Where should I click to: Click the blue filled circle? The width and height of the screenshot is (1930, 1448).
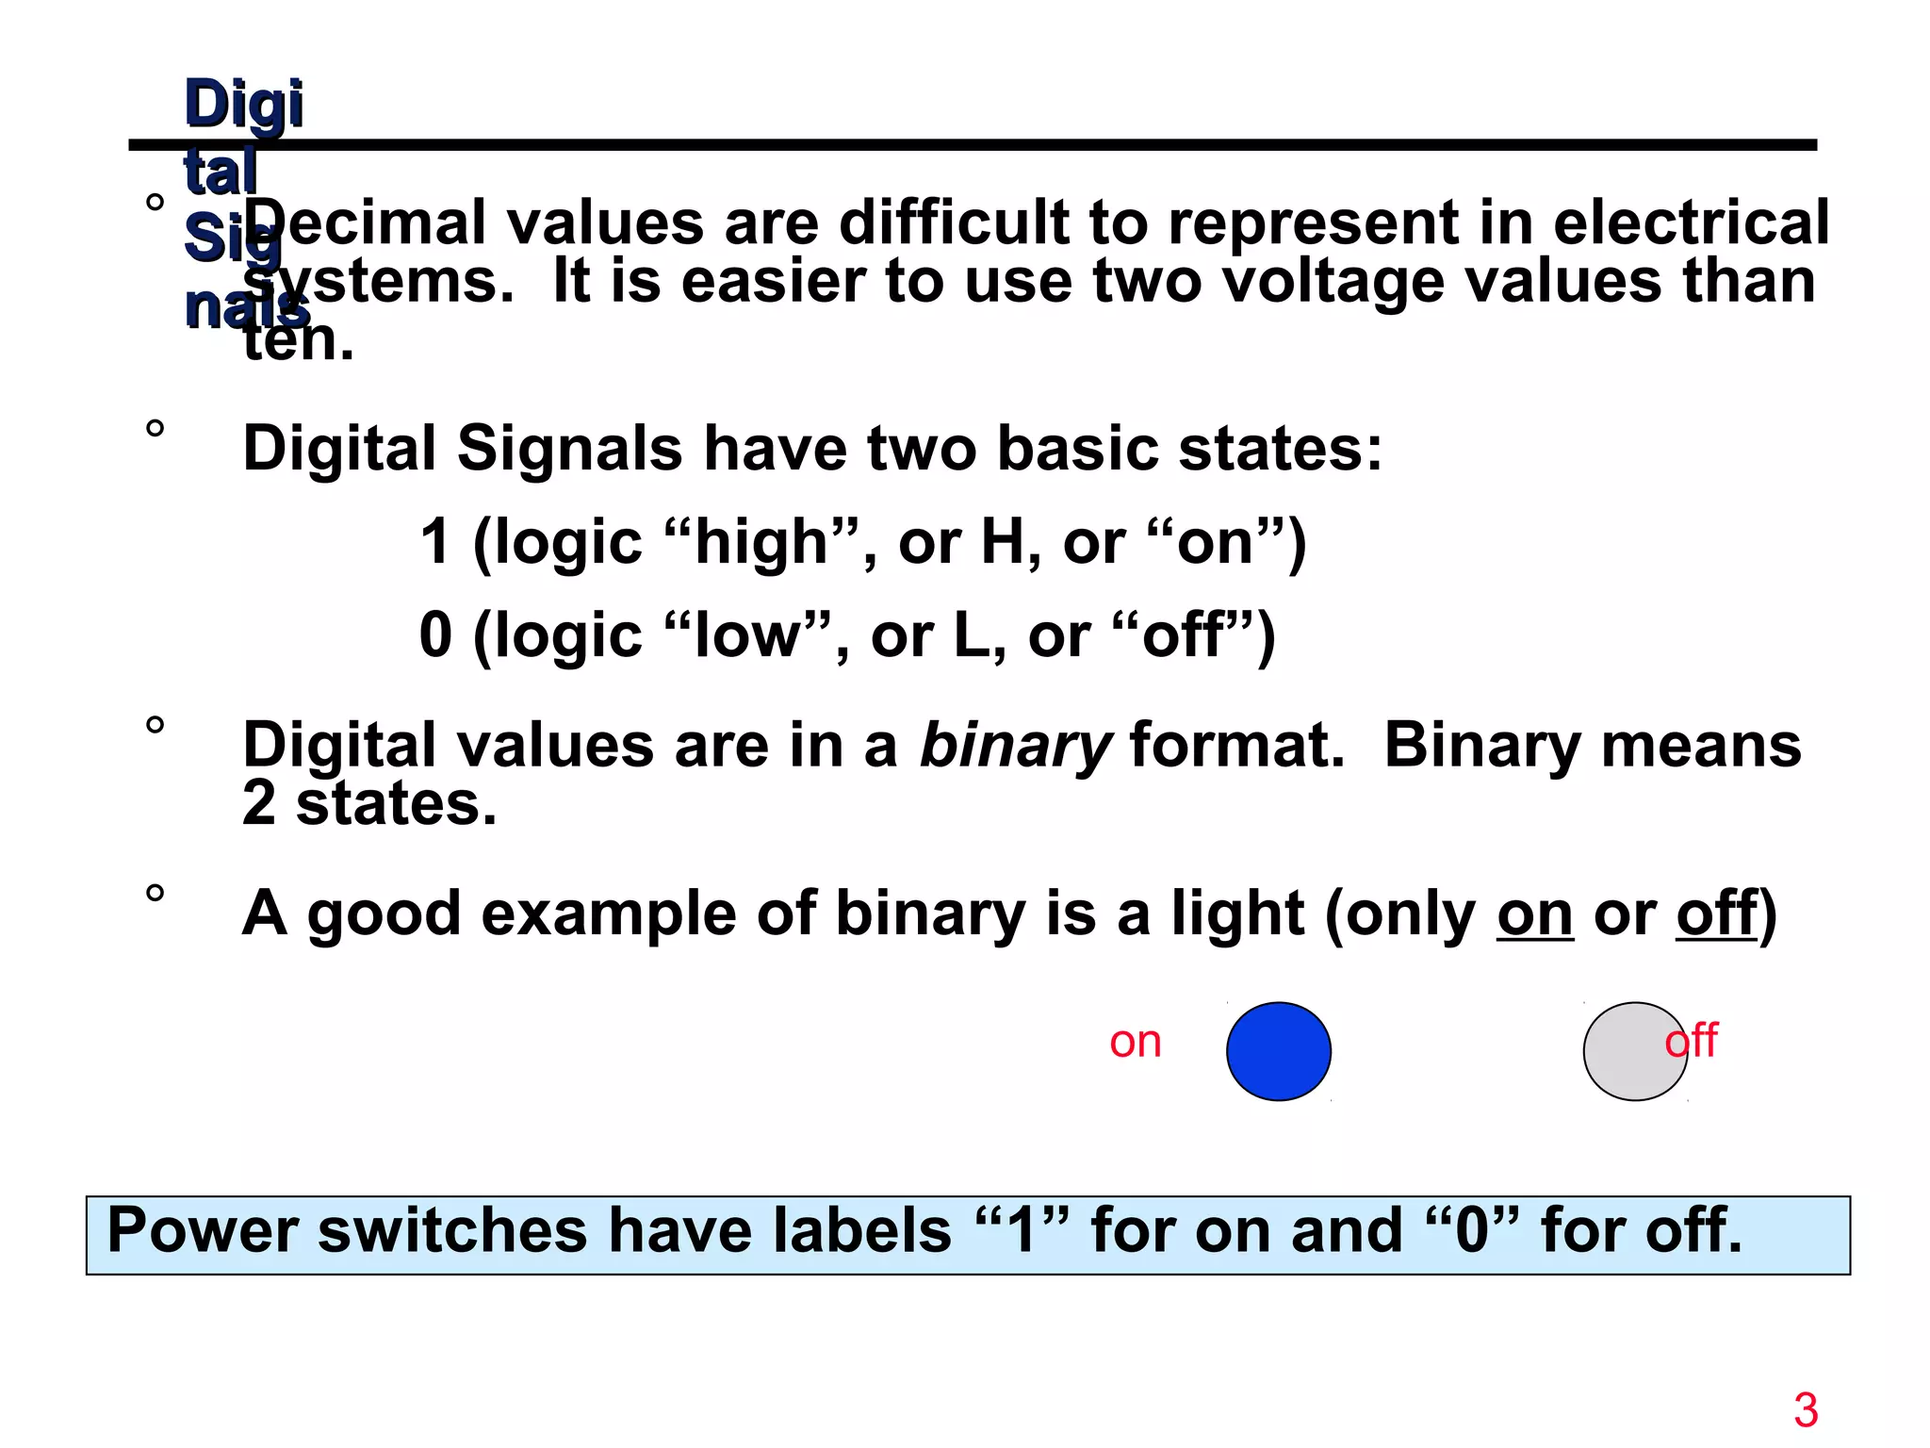[x=1278, y=1050]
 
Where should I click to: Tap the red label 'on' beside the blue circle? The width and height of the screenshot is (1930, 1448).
[x=1135, y=1042]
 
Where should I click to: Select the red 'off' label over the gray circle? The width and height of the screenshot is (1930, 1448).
[x=1692, y=1041]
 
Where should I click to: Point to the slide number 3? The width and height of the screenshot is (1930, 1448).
[x=1806, y=1410]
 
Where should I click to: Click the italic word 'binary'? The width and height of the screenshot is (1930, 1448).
[x=1015, y=746]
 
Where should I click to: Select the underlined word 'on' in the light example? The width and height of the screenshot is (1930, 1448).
[x=1534, y=913]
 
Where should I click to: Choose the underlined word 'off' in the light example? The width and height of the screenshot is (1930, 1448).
[x=1716, y=913]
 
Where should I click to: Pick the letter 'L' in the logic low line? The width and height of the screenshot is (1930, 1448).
[x=971, y=635]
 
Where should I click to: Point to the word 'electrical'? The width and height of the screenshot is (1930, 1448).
[x=1691, y=223]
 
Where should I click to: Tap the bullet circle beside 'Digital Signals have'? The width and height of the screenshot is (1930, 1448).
[x=155, y=430]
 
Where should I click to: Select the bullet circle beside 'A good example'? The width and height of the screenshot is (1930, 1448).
[x=155, y=894]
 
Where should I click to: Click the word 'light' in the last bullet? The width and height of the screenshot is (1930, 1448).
[x=1237, y=913]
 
